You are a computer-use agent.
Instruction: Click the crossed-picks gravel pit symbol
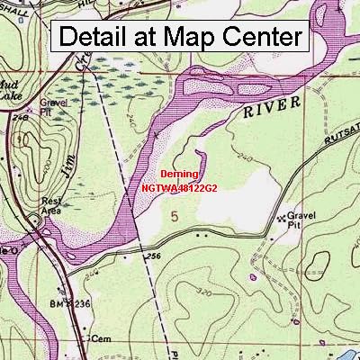292,217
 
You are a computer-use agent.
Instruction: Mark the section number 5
174,215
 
